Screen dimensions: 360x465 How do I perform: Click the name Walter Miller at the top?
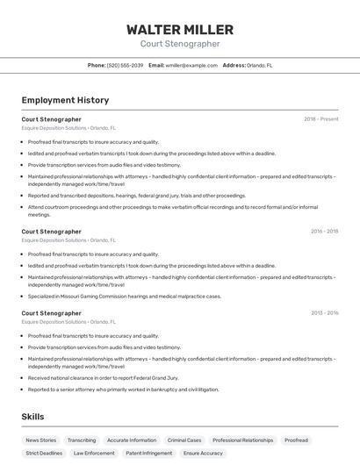tap(179, 29)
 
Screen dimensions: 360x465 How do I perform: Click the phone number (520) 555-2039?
tap(125, 65)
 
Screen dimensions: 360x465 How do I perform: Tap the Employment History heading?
tap(65, 100)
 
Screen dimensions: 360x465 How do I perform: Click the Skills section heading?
tap(33, 416)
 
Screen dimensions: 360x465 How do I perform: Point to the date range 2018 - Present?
tap(320, 118)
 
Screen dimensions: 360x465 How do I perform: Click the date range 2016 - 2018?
tap(324, 231)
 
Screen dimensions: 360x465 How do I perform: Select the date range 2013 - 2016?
tap(324, 312)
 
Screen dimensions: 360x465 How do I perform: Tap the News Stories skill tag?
tap(41, 440)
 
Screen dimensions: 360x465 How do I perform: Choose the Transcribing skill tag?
tap(82, 440)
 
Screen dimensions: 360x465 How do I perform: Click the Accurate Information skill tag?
tap(132, 440)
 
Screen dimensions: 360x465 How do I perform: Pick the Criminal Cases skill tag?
tap(184, 440)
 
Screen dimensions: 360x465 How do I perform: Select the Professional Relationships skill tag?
tap(242, 440)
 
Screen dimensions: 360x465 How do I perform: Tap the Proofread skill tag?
tap(296, 440)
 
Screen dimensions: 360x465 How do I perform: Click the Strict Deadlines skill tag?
tap(44, 453)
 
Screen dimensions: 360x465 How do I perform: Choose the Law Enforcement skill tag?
tap(94, 453)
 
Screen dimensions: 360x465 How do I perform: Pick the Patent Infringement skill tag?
tap(148, 453)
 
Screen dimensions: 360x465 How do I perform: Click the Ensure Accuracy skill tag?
tap(203, 453)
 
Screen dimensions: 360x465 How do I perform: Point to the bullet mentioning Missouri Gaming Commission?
tap(124, 296)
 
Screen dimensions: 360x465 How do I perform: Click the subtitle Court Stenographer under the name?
tap(179, 44)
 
